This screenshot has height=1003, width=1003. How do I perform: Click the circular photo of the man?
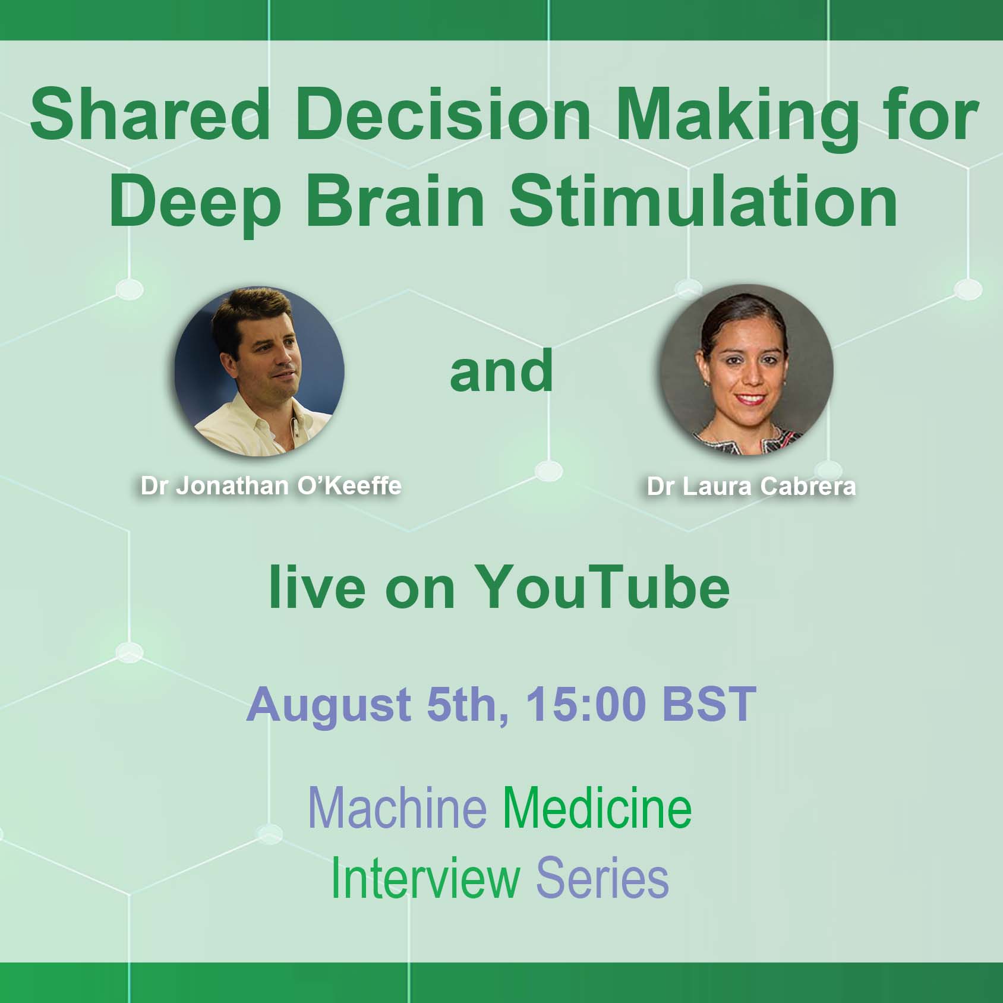click(x=259, y=371)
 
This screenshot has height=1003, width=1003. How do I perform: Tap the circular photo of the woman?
click(x=746, y=370)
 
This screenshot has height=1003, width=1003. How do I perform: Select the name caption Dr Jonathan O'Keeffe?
click(x=271, y=486)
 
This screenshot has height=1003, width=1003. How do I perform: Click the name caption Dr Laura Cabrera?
click(x=752, y=487)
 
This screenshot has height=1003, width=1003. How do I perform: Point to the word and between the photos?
click(x=501, y=371)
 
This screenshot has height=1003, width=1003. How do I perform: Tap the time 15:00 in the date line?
click(x=585, y=705)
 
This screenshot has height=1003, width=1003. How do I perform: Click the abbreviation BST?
click(x=709, y=704)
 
